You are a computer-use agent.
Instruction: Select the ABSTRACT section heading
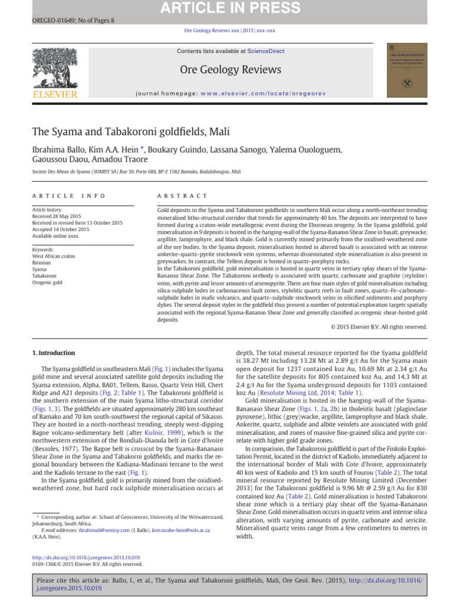(x=182, y=196)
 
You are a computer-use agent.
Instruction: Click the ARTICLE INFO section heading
(x=69, y=196)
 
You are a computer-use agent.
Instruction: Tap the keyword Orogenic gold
(x=47, y=283)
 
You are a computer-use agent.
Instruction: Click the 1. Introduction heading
(x=53, y=353)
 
